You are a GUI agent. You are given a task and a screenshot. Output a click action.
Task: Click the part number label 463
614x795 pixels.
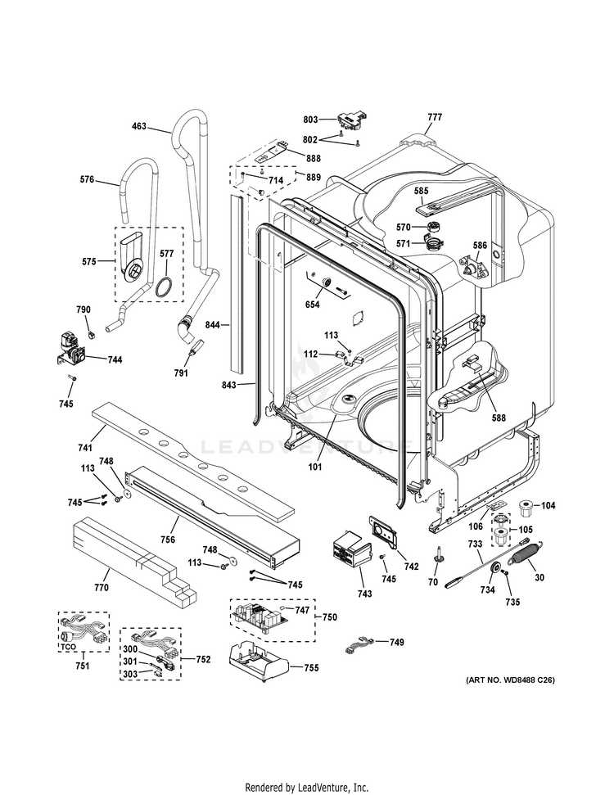(x=139, y=126)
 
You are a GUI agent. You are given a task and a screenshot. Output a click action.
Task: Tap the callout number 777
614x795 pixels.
(x=434, y=117)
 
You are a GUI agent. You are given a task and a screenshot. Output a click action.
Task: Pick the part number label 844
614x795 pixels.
(x=214, y=325)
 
